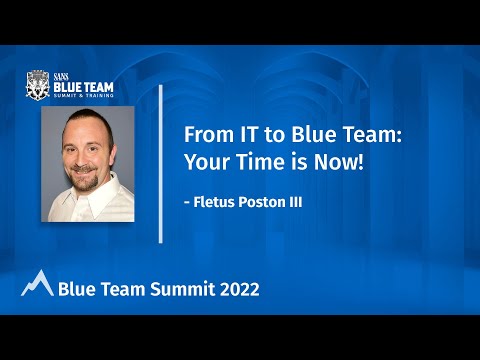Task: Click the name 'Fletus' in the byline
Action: (x=218, y=202)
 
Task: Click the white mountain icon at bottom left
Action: (x=37, y=285)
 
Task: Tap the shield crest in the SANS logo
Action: (x=37, y=86)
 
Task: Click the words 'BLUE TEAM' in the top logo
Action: (x=80, y=87)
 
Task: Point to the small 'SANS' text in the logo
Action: (x=62, y=76)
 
